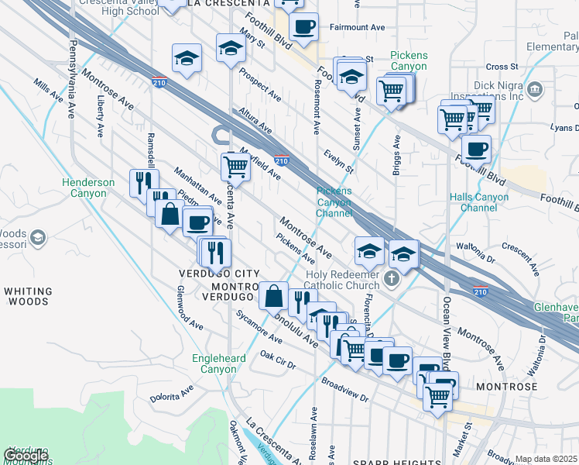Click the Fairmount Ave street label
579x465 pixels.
click(357, 27)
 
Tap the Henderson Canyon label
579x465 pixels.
click(88, 188)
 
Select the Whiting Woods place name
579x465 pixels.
click(28, 298)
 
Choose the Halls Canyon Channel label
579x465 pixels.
click(479, 202)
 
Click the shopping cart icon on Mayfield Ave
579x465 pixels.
click(235, 165)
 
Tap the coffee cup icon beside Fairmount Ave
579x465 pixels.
click(305, 26)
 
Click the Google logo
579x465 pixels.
click(26, 456)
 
